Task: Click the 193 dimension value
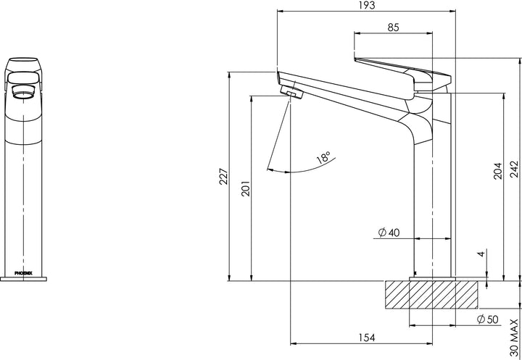[367, 5]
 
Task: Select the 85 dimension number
[393, 28]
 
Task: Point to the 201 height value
[245, 188]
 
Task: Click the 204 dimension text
[497, 171]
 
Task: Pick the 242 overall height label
[514, 169]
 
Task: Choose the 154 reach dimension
[367, 338]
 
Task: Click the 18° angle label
[323, 156]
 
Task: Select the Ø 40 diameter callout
[389, 233]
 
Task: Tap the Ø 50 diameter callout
[488, 319]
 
